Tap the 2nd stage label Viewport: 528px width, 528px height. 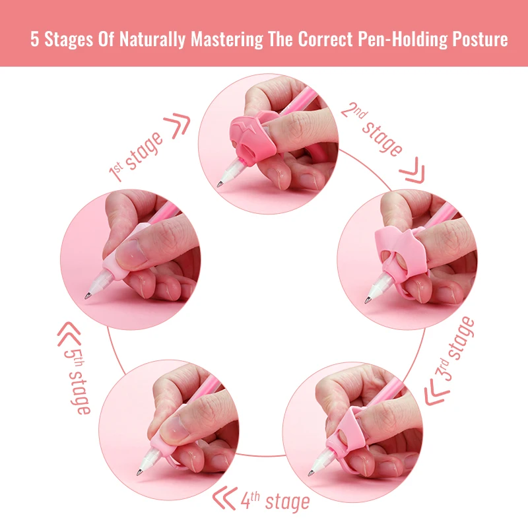pos(372,128)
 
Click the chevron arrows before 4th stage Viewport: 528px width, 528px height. pos(227,500)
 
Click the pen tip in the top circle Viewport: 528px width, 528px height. pos(220,185)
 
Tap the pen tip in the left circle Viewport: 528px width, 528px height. pos(88,298)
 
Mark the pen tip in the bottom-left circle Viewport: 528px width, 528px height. pos(138,473)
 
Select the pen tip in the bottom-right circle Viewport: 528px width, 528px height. pos(312,473)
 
